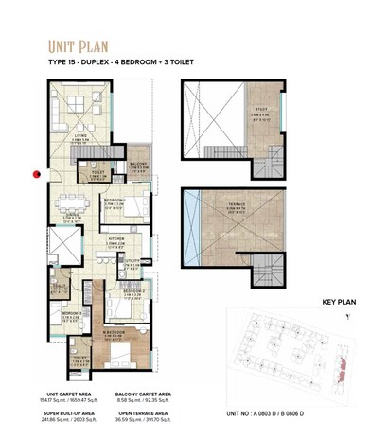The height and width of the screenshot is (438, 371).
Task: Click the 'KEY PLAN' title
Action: [338, 303]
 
